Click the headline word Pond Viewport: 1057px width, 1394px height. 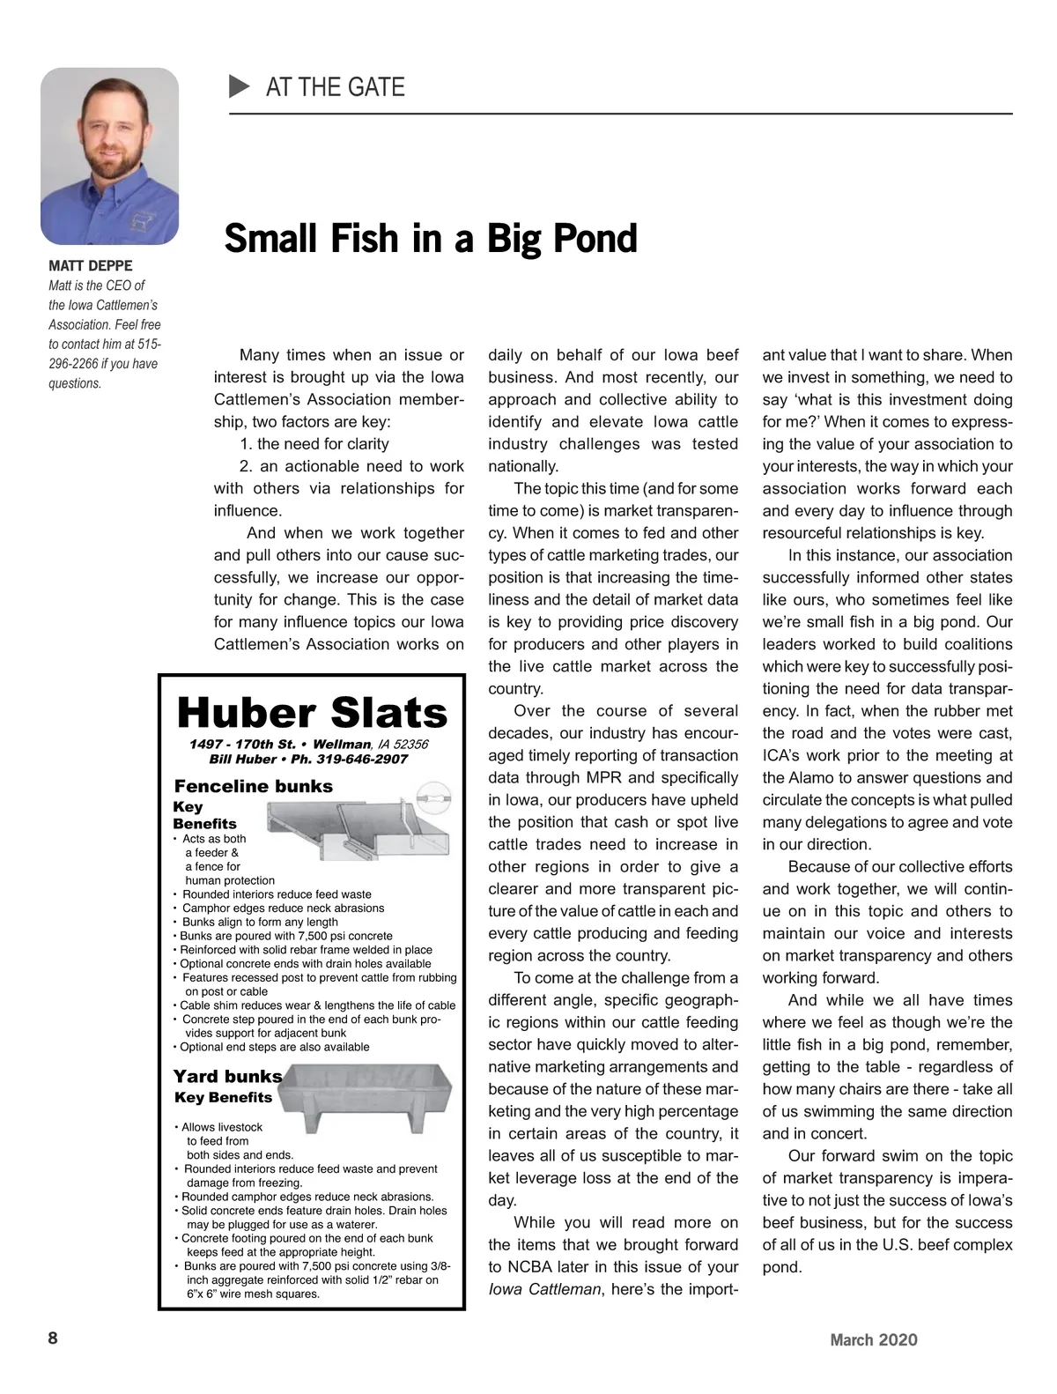594,239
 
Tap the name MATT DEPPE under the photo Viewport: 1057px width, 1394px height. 91,266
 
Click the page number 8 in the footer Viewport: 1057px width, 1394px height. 53,1338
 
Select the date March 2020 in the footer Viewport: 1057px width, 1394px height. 873,1340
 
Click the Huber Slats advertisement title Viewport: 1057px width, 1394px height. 312,712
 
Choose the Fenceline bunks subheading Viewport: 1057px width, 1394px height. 253,786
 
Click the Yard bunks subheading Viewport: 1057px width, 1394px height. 227,1076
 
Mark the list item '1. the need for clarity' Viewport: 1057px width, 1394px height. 314,444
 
